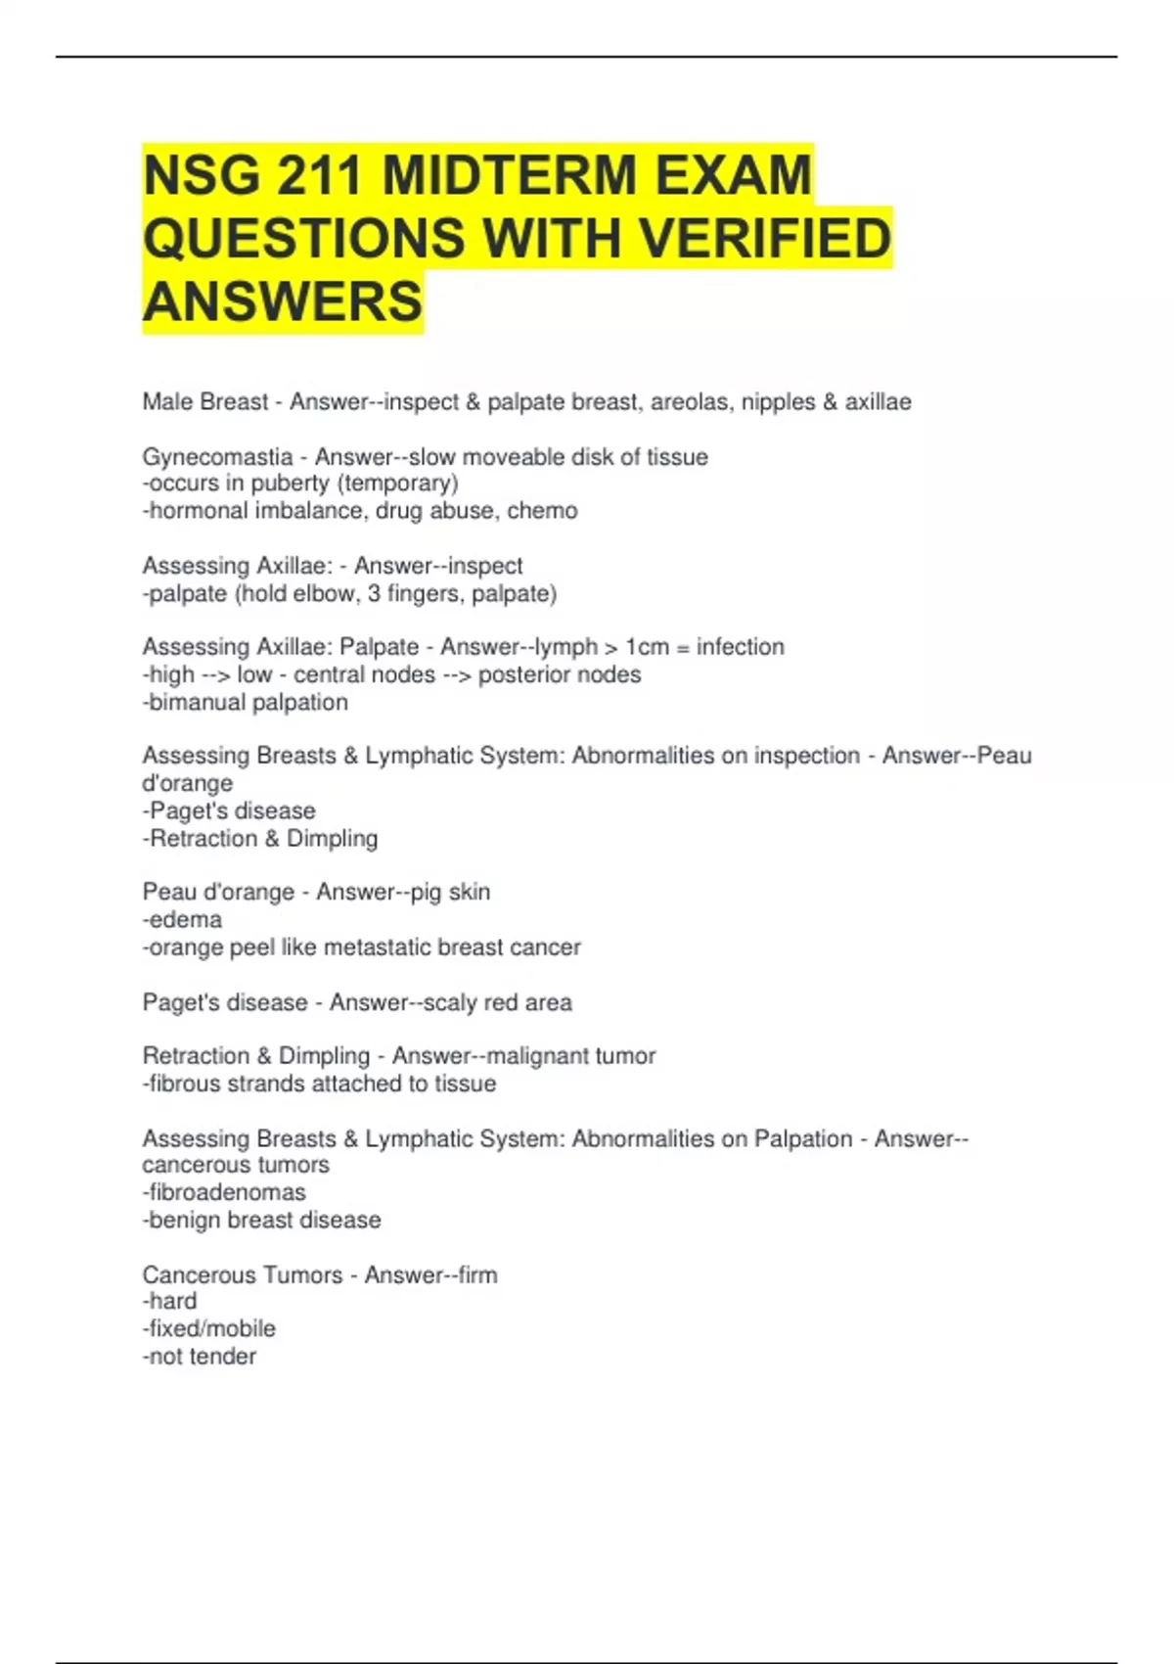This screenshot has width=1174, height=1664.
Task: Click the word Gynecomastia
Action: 217,457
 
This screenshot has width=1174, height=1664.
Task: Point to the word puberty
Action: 290,484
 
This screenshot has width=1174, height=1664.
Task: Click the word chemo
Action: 542,511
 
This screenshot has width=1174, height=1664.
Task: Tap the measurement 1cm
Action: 647,647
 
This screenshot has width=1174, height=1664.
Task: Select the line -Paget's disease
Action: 229,811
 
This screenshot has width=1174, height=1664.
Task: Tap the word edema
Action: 185,920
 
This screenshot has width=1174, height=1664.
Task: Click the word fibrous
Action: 184,1084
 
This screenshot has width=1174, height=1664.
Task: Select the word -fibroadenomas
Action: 224,1192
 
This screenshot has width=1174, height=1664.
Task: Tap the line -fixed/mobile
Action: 209,1328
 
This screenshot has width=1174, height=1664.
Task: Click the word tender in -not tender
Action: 224,1357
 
